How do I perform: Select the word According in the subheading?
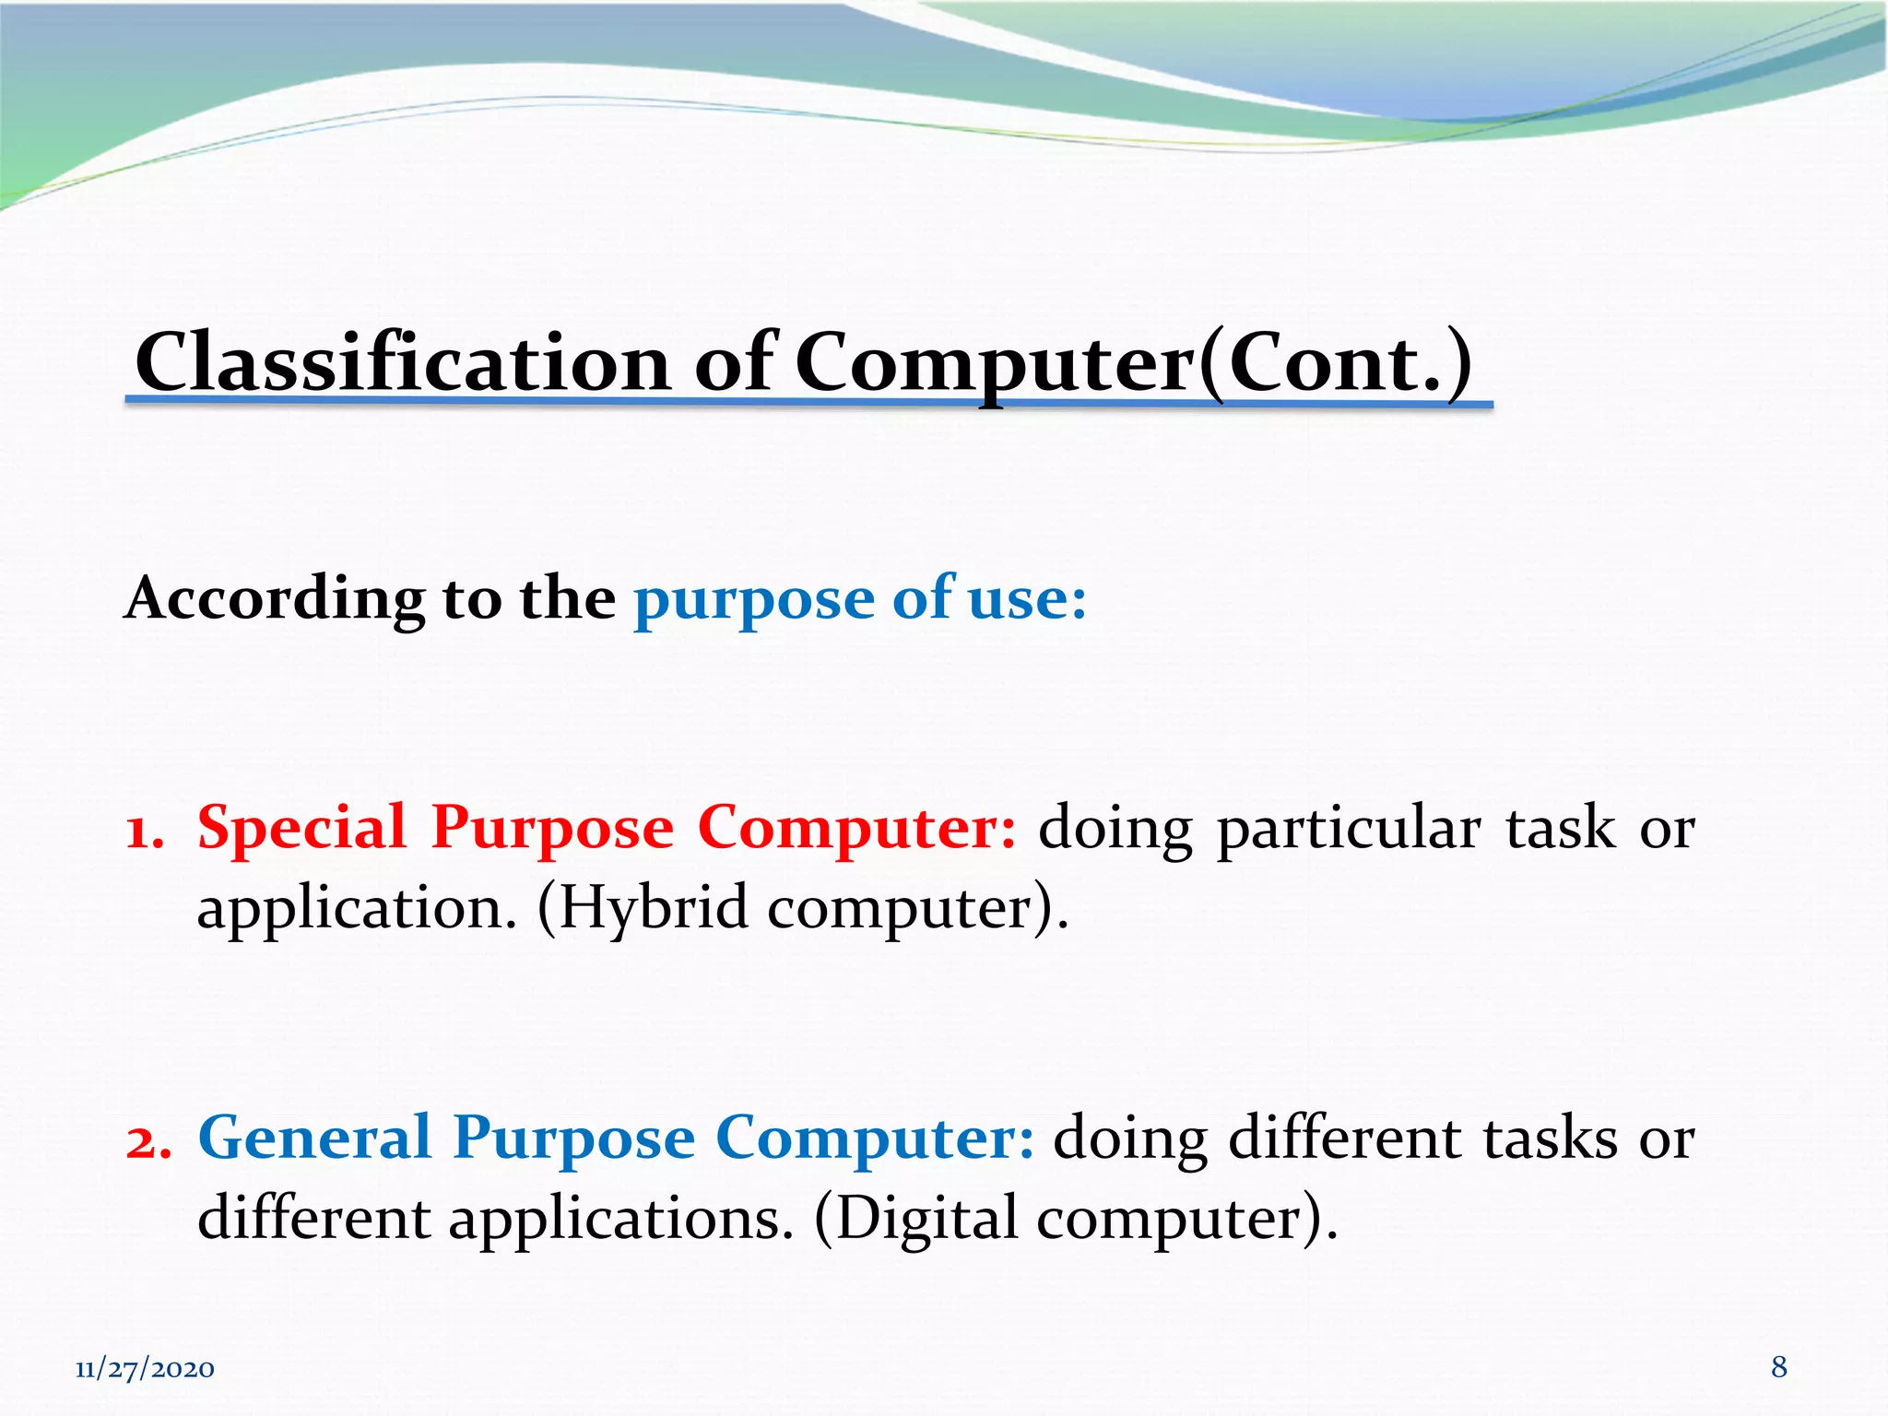(274, 599)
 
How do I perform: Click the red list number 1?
(145, 831)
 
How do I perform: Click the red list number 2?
(148, 1141)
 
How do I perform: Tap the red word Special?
(301, 827)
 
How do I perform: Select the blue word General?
(314, 1138)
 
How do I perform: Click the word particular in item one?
(1349, 829)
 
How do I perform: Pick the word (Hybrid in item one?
(642, 909)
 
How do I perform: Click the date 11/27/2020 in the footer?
(145, 1369)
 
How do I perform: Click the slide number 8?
(1778, 1367)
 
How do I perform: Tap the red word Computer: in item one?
(856, 829)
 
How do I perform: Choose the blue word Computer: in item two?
(874, 1139)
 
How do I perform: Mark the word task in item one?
(1560, 827)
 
